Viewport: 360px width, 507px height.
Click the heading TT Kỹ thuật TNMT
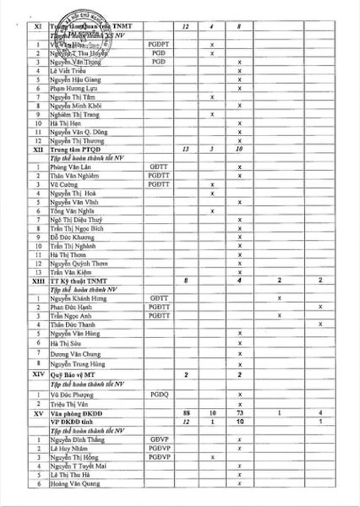coord(78,280)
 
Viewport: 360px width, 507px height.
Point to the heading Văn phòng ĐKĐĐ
coord(75,413)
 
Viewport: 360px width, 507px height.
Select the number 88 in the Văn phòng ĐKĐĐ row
coord(186,413)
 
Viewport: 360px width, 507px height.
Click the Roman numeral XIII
coord(38,280)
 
